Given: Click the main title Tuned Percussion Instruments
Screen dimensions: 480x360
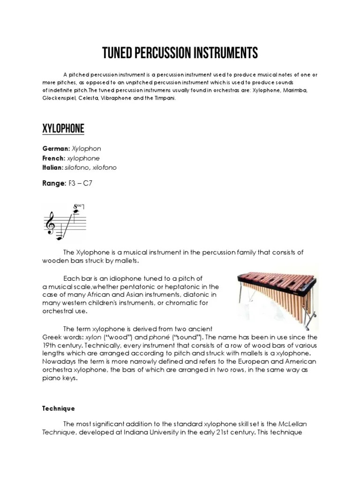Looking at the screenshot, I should (x=180, y=53).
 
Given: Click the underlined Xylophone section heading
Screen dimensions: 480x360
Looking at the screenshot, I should (x=63, y=128).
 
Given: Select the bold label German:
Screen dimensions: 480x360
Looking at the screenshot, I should (x=55, y=149).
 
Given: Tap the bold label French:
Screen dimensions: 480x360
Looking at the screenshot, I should (x=54, y=158).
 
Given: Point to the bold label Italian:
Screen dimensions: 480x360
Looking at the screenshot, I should (x=53, y=167).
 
